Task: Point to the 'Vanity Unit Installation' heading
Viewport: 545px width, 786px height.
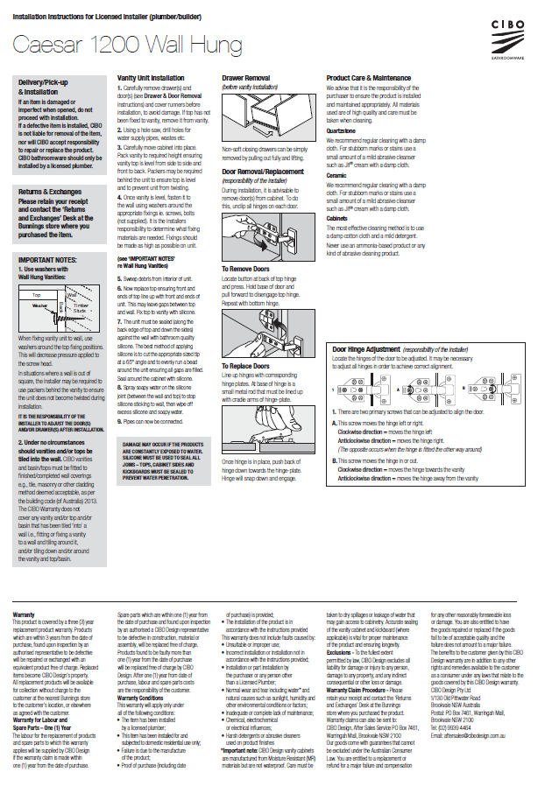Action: pyautogui.click(x=151, y=78)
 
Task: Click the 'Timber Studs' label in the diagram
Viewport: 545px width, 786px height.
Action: pyautogui.click(x=81, y=307)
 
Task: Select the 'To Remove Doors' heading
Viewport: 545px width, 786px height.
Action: pyautogui.click(x=246, y=269)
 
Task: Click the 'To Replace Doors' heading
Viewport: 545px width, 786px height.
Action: pyautogui.click(x=247, y=366)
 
